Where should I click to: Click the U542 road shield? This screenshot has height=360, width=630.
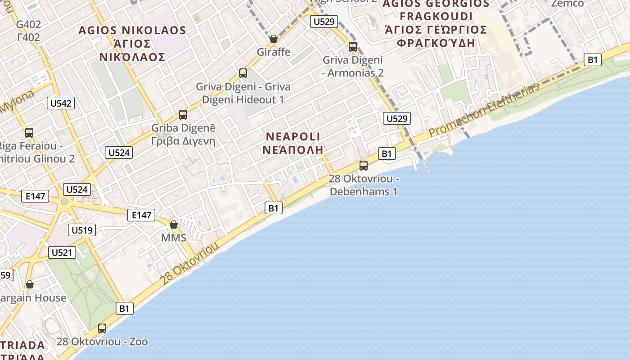click(61, 103)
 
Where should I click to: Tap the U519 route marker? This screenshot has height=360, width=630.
click(82, 230)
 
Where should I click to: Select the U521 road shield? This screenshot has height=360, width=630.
click(62, 252)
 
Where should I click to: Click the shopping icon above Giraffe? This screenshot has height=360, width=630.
click(273, 39)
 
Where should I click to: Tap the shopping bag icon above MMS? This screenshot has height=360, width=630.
click(174, 224)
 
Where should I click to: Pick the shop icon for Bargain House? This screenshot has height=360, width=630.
click(30, 284)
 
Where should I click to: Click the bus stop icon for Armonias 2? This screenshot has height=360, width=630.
click(353, 46)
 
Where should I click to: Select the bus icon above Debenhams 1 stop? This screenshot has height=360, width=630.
click(364, 165)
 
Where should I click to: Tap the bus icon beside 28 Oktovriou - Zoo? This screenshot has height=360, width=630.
click(102, 328)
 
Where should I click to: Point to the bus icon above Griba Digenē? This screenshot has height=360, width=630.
click(183, 114)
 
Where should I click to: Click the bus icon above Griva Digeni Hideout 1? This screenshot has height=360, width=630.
click(243, 73)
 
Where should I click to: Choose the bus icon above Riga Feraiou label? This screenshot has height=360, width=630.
click(29, 132)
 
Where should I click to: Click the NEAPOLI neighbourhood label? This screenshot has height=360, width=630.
click(293, 143)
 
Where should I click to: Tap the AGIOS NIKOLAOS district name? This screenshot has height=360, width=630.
click(132, 43)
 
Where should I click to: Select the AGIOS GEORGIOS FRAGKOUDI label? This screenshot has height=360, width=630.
click(436, 23)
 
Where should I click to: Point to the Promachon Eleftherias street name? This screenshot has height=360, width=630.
click(484, 111)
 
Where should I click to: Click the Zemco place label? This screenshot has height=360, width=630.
click(567, 4)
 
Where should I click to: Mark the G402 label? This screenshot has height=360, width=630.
click(28, 31)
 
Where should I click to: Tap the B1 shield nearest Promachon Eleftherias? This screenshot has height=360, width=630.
click(593, 59)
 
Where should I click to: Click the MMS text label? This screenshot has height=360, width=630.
click(174, 238)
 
